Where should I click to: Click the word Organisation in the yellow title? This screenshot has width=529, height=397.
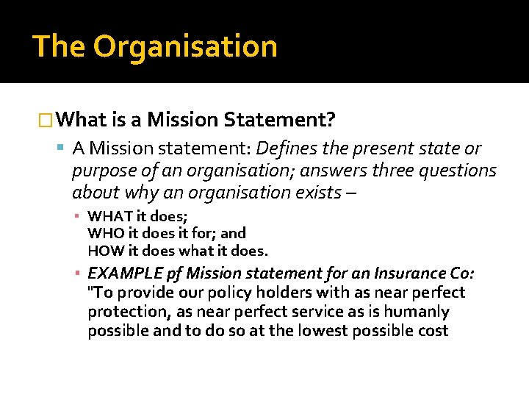185,46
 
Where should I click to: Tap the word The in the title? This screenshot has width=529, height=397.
59,46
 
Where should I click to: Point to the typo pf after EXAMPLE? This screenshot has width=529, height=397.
170,274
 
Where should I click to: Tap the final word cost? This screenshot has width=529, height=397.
432,331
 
